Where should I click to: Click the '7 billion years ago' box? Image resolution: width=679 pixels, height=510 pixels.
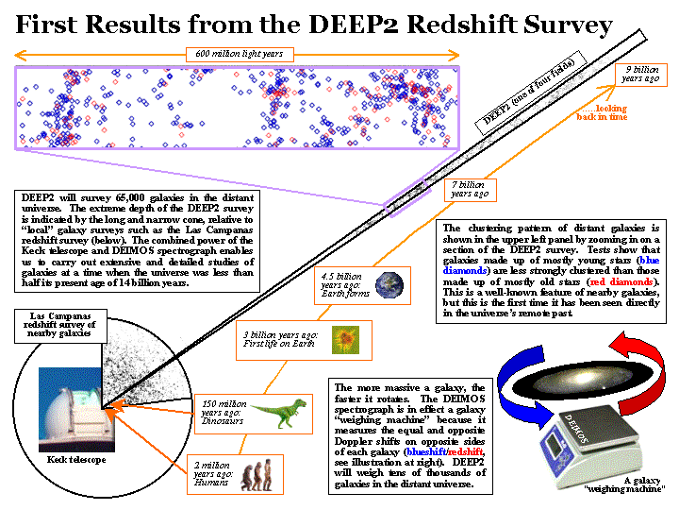click(469, 189)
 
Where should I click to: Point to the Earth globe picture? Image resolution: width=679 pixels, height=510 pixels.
click(389, 285)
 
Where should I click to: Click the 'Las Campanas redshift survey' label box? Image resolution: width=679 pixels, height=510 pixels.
click(54, 324)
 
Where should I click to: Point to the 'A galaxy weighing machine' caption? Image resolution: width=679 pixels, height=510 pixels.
click(625, 484)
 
